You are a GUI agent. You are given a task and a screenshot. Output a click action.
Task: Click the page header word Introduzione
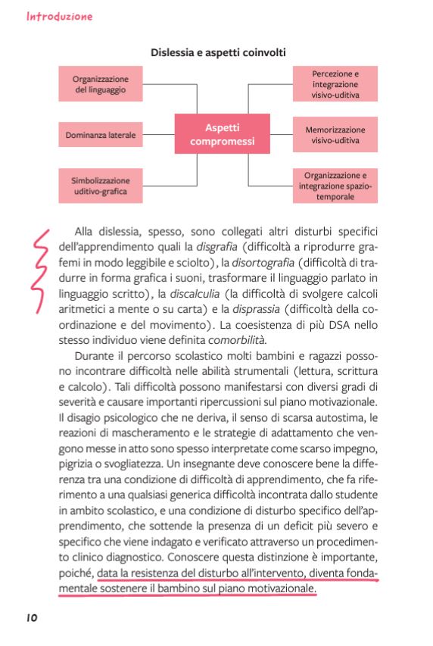coord(60,15)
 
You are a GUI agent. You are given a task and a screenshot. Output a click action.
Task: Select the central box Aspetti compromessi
coord(223,134)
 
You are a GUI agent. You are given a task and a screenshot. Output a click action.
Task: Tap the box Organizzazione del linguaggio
coord(101,84)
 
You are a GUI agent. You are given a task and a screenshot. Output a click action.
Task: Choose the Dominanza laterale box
coord(101,135)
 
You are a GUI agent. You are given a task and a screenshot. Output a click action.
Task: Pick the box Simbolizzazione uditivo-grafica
coord(101,186)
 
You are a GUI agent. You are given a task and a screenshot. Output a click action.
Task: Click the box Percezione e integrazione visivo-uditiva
coord(335,84)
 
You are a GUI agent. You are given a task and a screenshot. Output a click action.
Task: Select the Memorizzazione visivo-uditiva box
coord(335,135)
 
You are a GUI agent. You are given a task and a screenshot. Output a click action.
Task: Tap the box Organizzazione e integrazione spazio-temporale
coord(335,186)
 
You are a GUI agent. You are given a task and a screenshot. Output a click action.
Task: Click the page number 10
coord(32,617)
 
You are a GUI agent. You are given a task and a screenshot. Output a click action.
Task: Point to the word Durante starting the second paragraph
coord(95,356)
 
